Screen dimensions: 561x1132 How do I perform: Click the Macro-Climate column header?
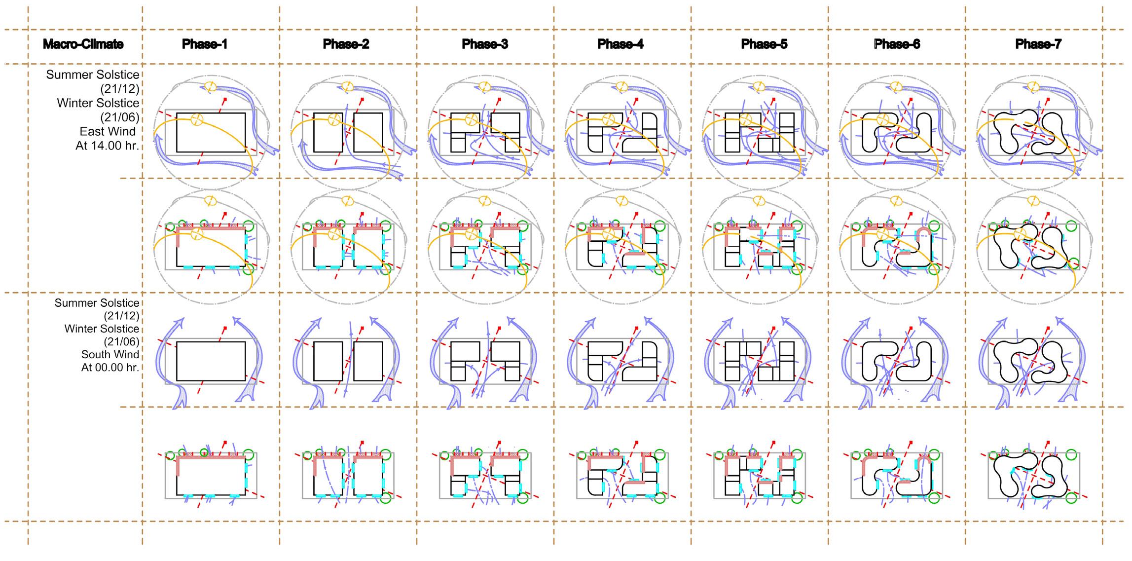[83, 44]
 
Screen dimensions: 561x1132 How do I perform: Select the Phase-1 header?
[205, 44]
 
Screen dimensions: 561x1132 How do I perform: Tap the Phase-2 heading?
[346, 44]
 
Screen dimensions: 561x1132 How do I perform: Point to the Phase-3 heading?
[485, 44]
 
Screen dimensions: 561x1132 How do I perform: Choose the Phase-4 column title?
[621, 44]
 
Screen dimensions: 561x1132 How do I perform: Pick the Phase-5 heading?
[764, 44]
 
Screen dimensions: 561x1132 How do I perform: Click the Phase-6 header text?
[897, 44]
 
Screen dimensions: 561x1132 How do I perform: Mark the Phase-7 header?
[1038, 44]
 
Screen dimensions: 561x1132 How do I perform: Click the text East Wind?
[108, 132]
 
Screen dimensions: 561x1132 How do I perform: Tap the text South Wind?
[110, 354]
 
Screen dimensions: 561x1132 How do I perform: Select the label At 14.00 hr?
[107, 146]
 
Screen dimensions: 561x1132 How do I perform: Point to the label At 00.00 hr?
[110, 367]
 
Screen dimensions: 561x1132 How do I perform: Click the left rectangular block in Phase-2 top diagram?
[328, 132]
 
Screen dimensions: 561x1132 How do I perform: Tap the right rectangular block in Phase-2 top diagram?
[368, 132]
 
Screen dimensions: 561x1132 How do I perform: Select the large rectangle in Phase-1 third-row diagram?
[211, 361]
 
